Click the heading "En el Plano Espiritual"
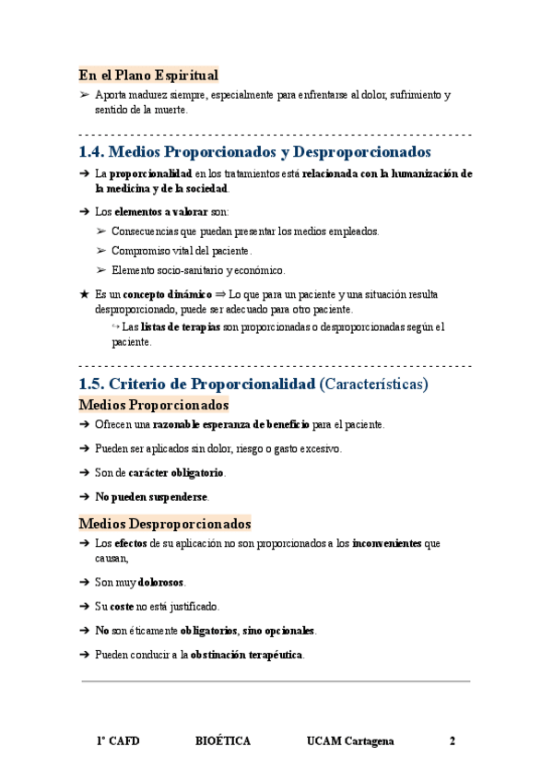click(x=148, y=76)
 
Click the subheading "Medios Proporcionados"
click(x=154, y=405)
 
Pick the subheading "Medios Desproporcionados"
click(x=165, y=524)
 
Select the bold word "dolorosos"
click(x=161, y=583)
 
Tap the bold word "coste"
click(x=123, y=607)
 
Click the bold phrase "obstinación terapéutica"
click(x=247, y=655)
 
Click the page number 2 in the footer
click(x=453, y=741)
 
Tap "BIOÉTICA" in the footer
click(x=223, y=741)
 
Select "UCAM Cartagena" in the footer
click(x=350, y=741)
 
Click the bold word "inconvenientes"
click(x=386, y=544)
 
